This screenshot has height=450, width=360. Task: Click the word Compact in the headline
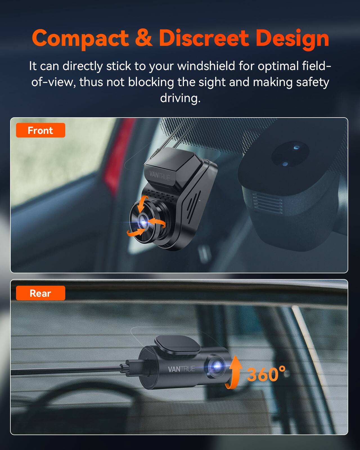click(x=80, y=38)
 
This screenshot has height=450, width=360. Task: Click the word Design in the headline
click(x=292, y=39)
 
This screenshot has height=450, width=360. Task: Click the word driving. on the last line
click(x=180, y=98)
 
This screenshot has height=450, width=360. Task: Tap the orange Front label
click(x=40, y=130)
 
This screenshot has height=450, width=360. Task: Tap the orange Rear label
click(x=40, y=293)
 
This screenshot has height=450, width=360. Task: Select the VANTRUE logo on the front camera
click(x=159, y=175)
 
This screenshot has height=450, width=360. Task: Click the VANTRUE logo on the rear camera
click(x=181, y=369)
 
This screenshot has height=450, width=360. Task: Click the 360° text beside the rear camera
click(x=266, y=374)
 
